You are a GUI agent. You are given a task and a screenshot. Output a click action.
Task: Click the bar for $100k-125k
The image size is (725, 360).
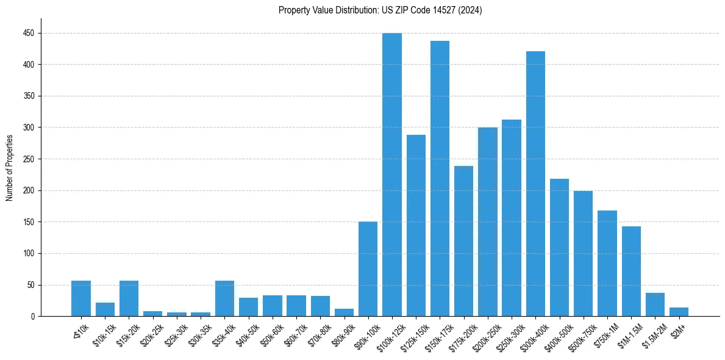392,175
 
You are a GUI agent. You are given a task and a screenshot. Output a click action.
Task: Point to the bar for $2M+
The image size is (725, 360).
679,312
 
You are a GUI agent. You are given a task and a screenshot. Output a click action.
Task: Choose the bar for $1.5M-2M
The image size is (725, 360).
655,304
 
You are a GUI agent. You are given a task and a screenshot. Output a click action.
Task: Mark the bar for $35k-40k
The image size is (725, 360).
224,298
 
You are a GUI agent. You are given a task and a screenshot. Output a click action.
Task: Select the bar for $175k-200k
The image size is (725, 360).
463,241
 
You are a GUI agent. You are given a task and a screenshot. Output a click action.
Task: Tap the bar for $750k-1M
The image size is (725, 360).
607,263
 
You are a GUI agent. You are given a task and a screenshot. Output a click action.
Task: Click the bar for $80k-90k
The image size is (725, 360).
344,312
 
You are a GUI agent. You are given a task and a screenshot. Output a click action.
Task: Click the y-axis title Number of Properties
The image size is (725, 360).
9,168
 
